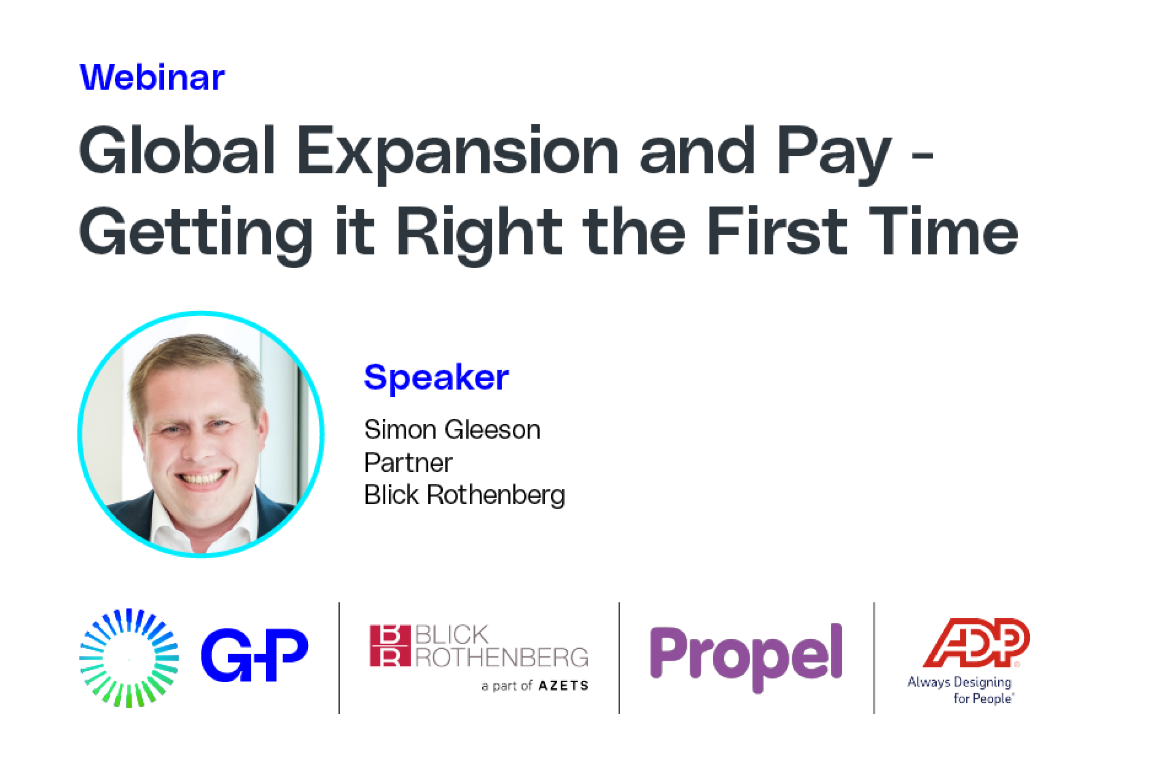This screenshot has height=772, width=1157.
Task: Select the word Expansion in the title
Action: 458,151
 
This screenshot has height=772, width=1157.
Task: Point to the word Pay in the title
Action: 834,153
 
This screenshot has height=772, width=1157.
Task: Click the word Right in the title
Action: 479,233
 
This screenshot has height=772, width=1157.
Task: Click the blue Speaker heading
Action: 436,377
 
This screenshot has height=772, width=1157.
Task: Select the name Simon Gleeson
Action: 452,429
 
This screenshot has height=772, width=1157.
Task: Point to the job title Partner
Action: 408,462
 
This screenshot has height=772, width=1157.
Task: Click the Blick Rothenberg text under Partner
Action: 464,495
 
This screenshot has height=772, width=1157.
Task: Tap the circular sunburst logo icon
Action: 129,658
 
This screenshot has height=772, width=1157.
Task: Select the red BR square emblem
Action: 390,646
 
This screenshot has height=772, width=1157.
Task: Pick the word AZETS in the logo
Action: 564,686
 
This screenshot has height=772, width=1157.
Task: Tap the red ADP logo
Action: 976,642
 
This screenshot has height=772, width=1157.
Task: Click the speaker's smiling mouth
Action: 201,477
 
